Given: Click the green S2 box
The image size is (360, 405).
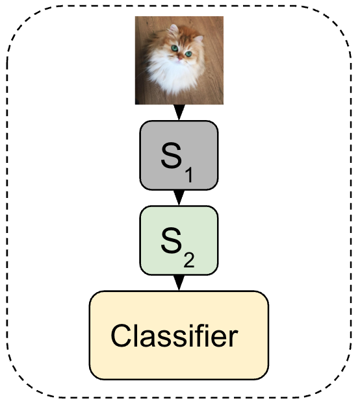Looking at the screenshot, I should click(179, 239).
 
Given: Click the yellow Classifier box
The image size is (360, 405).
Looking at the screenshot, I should click(179, 334).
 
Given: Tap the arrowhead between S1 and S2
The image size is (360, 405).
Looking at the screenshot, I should click(179, 197).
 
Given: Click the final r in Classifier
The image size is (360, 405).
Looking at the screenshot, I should click(233, 338).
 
